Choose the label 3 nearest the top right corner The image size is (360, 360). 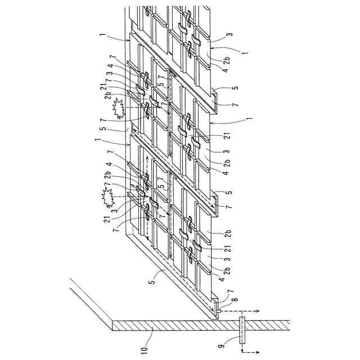coord(229,35)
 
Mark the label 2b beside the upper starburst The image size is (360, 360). coord(107,95)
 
